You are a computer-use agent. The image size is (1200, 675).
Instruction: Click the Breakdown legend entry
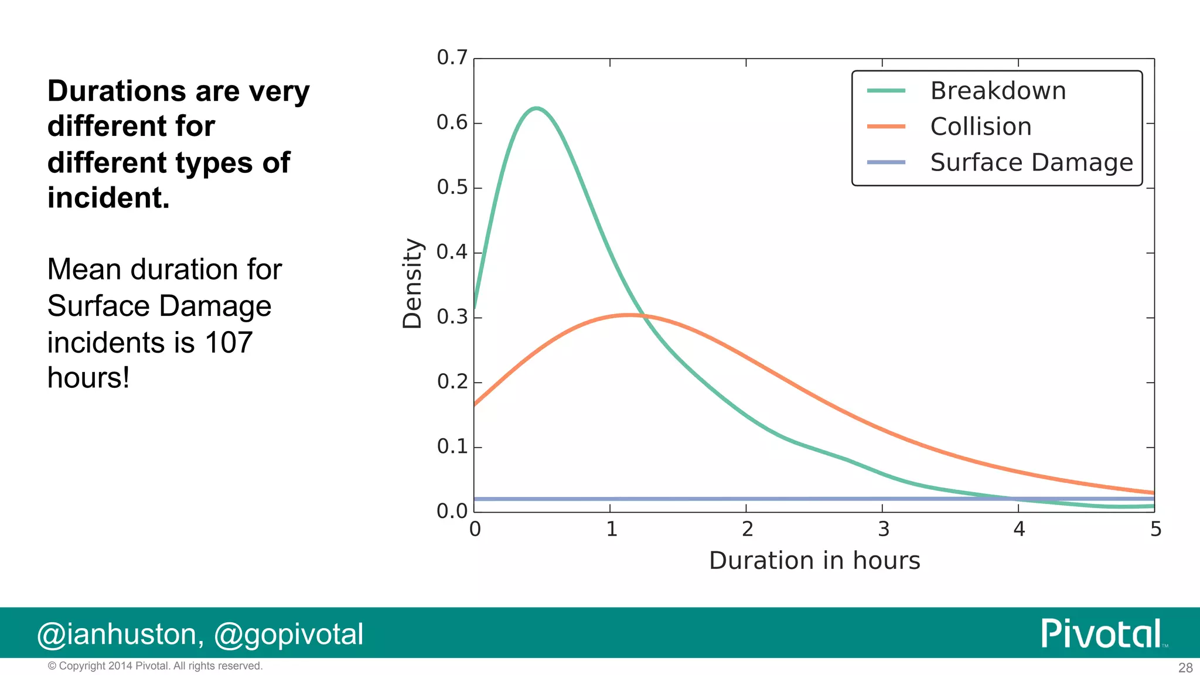pyautogui.click(x=997, y=91)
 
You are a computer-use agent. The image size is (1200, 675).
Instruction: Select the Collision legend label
pyautogui.click(x=980, y=127)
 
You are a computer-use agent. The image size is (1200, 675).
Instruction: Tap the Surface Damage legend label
pyautogui.click(x=1031, y=162)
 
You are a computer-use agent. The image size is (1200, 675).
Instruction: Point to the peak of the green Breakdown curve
pyautogui.click(x=536, y=108)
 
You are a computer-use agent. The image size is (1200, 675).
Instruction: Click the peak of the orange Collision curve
pyautogui.click(x=628, y=315)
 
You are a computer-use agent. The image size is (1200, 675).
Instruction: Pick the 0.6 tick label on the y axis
pyautogui.click(x=452, y=122)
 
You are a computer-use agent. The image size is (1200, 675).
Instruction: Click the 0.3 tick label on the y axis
pyautogui.click(x=452, y=317)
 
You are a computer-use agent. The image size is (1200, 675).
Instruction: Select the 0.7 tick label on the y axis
pyautogui.click(x=452, y=57)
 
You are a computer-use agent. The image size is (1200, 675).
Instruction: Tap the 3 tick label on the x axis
pyautogui.click(x=883, y=530)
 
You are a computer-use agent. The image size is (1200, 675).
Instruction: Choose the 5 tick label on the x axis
pyautogui.click(x=1155, y=530)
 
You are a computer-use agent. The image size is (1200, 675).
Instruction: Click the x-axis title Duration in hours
pyautogui.click(x=814, y=561)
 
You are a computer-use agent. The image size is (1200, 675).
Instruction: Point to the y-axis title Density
pyautogui.click(x=412, y=284)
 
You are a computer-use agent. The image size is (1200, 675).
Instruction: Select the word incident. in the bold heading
pyautogui.click(x=108, y=198)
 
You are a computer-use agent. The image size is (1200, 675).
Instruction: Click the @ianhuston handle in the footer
pyautogui.click(x=120, y=635)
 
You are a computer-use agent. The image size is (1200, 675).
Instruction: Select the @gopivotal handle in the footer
pyautogui.click(x=288, y=635)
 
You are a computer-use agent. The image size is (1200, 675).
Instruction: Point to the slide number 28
pyautogui.click(x=1185, y=667)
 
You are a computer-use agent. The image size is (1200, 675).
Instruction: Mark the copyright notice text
pyautogui.click(x=155, y=666)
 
